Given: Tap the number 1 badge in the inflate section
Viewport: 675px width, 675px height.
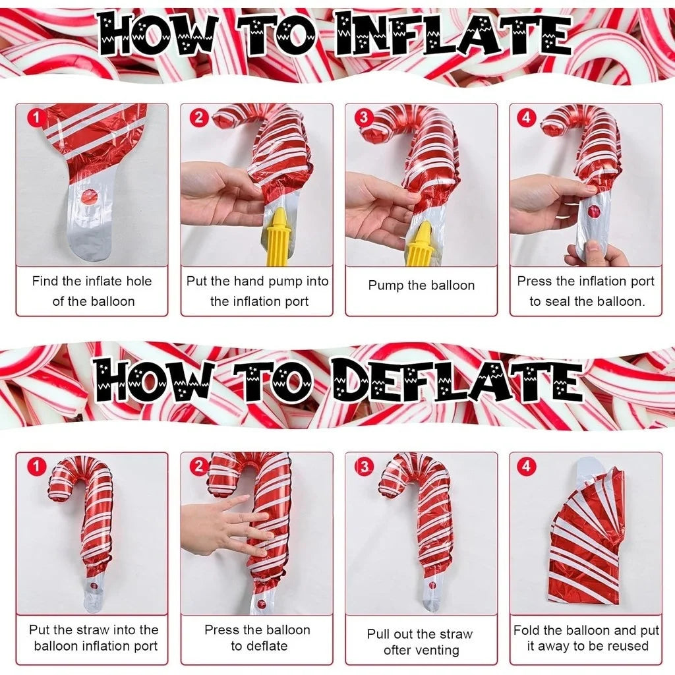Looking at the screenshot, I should coord(37,119).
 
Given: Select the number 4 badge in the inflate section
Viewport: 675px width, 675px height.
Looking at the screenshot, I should coord(525,119).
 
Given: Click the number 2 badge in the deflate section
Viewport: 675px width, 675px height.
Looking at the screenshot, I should coord(198,467).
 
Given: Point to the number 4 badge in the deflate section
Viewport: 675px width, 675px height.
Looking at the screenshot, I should coord(525,467).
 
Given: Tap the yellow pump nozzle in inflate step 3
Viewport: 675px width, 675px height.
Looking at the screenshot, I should coord(420,244).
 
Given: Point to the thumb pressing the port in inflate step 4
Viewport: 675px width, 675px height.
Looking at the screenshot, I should coord(593,250).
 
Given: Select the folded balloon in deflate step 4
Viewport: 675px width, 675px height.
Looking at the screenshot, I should coord(585,537).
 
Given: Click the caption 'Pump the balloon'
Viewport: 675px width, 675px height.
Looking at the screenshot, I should coord(421,285).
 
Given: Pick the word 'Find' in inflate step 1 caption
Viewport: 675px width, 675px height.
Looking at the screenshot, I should coord(45,281).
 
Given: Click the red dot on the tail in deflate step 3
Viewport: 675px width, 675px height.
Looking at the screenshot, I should coord(432,585).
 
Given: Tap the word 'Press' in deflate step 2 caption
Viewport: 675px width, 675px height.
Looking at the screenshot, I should coord(222,630).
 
